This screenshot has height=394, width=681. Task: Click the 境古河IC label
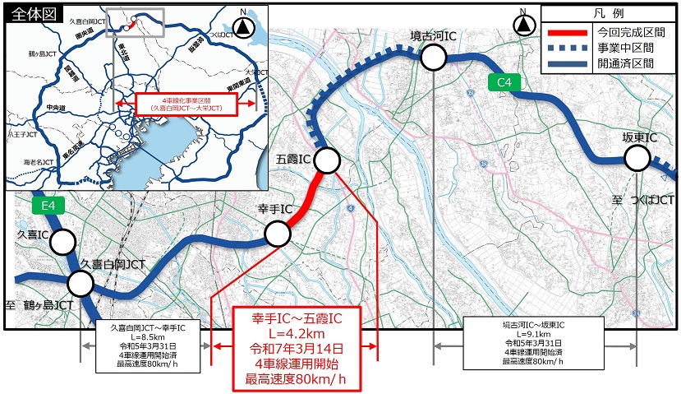[434, 36]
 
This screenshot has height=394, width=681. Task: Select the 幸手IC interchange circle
[278, 234]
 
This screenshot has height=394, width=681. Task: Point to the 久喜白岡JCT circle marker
[81, 284]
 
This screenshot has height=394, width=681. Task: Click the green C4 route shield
[504, 82]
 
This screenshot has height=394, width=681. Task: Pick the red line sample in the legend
[566, 31]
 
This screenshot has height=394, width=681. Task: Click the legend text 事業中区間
[625, 47]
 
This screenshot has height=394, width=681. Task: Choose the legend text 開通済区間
[625, 63]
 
